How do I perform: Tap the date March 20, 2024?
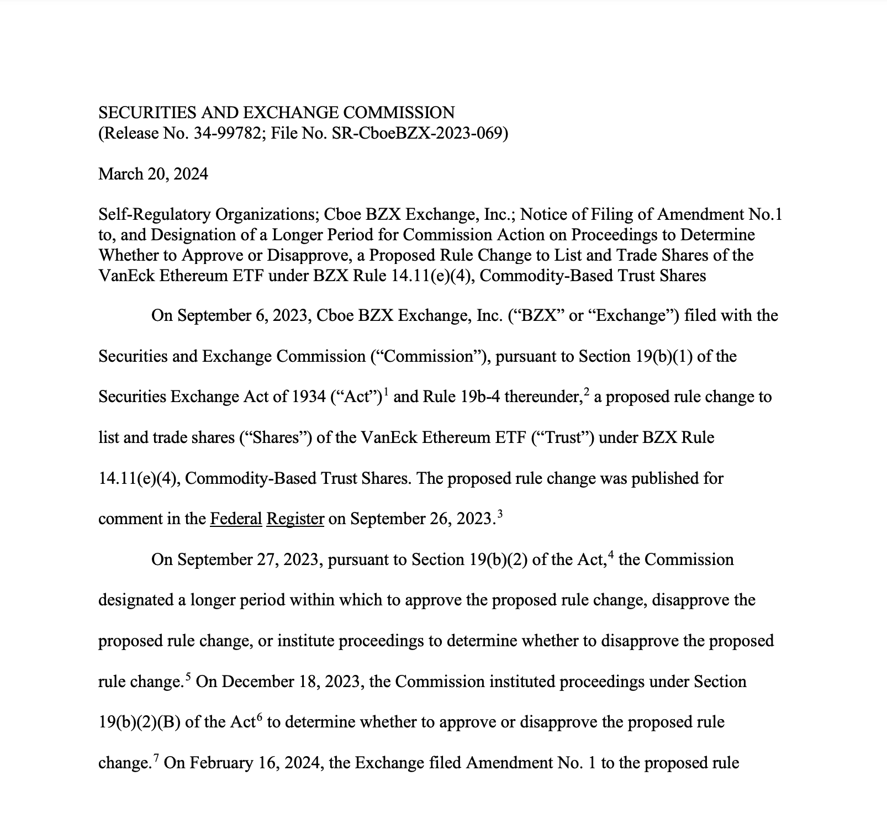click(153, 174)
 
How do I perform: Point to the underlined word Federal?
click(236, 519)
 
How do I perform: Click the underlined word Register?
click(295, 519)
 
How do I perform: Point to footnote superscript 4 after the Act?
click(611, 554)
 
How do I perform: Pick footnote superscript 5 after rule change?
click(188, 676)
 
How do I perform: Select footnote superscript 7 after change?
click(156, 757)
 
